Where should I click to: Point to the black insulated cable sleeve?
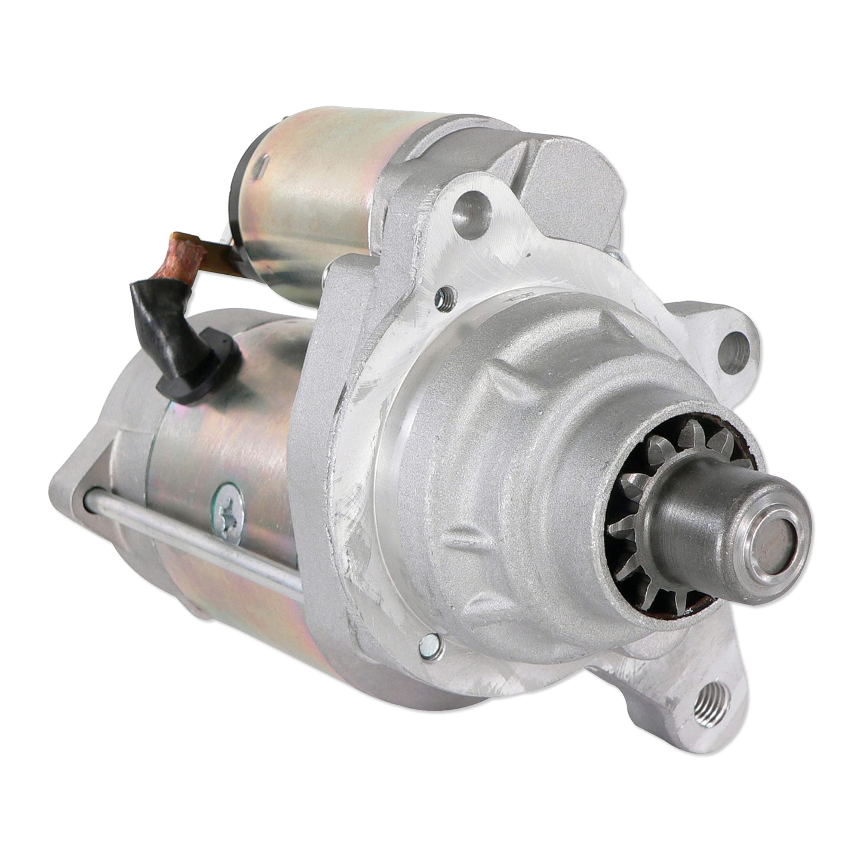click(x=165, y=320)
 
